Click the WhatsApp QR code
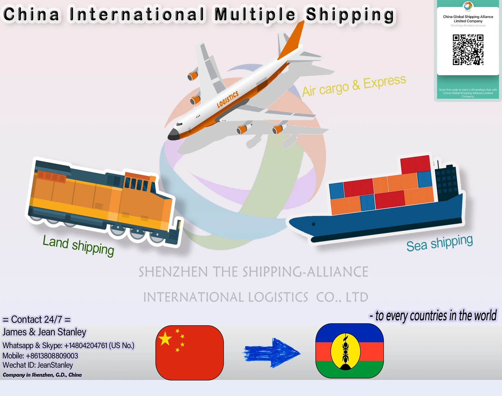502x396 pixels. point(468,50)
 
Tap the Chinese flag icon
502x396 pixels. point(190,353)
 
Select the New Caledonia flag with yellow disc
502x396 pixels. point(350,351)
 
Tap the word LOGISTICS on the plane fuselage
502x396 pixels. point(227,99)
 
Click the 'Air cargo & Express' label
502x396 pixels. point(354,86)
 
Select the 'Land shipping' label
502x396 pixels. point(78,245)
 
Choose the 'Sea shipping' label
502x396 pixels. point(439,243)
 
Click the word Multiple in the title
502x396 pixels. point(255,14)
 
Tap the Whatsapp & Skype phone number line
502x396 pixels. point(68,345)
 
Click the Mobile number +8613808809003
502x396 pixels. point(40,356)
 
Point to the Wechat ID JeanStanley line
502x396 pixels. point(38,365)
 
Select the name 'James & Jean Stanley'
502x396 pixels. point(44,332)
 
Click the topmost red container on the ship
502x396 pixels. point(415,164)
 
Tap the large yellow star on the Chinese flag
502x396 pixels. point(165,338)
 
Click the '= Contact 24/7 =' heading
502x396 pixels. point(36,320)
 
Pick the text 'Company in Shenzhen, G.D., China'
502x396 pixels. point(42,375)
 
